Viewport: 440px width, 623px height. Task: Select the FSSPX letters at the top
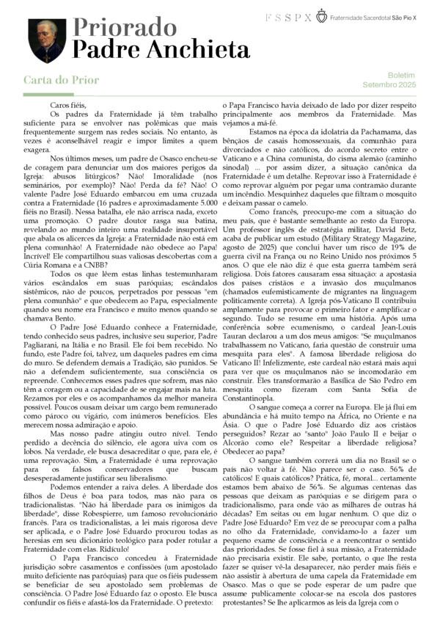click(x=287, y=16)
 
